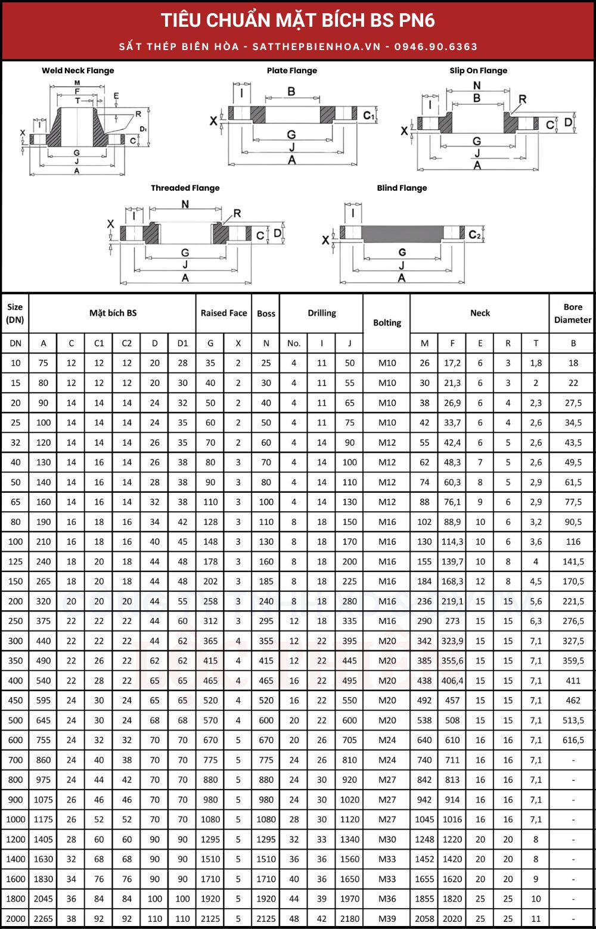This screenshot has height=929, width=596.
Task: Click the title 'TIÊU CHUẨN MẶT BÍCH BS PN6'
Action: point(298,20)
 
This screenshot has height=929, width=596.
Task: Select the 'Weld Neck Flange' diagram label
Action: point(77,70)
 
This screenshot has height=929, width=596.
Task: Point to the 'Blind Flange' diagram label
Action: point(402,188)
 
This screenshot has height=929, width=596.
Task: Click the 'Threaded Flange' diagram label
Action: point(185,188)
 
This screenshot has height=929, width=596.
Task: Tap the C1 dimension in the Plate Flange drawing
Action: point(369,115)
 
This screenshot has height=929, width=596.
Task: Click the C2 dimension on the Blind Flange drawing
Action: point(474,235)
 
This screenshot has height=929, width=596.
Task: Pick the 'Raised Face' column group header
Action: point(223,313)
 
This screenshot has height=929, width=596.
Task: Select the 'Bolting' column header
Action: point(387,322)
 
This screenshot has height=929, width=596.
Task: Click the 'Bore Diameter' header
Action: point(572,313)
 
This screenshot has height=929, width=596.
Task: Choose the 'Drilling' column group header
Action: point(322,313)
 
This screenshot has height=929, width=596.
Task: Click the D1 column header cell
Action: point(182,343)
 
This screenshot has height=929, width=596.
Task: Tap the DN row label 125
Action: point(15,561)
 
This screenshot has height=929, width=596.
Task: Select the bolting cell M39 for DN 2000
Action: point(387,919)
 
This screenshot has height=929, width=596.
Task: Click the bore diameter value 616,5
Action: point(573,740)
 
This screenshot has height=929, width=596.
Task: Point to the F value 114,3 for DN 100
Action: point(452,542)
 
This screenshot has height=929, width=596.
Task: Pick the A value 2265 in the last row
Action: point(44,919)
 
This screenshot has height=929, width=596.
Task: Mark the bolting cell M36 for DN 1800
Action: point(387,899)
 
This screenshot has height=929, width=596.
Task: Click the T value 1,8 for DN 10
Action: point(536,363)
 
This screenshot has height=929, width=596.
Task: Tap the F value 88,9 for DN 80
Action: point(452,522)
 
